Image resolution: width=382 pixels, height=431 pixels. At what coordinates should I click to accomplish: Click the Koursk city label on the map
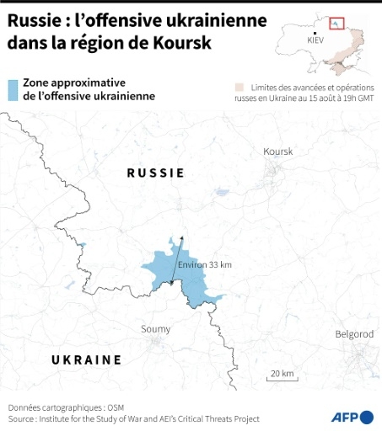[277, 152]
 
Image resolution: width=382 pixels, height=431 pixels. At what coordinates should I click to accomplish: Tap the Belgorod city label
[354, 334]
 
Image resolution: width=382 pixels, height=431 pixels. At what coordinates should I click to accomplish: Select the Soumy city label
[155, 328]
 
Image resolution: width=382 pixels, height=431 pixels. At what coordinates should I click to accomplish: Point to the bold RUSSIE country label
[155, 173]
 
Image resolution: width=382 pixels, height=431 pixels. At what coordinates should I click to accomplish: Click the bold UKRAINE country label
[86, 359]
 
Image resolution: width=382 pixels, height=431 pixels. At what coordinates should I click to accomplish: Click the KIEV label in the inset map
[315, 40]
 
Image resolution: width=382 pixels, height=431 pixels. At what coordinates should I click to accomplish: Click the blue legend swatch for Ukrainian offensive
[12, 89]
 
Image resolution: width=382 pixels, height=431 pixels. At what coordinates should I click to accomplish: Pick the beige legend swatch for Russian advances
[240, 86]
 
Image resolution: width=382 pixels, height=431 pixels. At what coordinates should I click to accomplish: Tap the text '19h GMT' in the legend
[354, 98]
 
